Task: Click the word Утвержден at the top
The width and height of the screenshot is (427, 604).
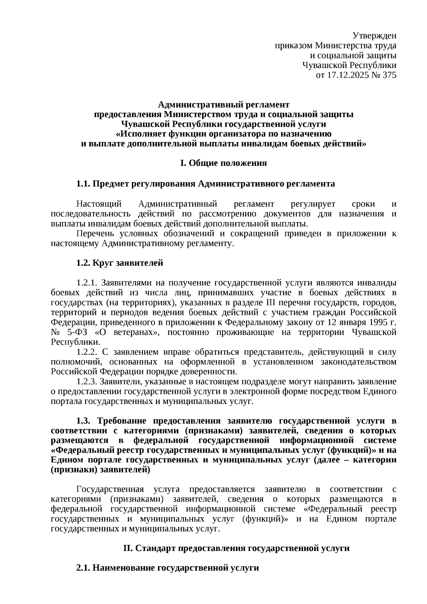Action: click(x=374, y=36)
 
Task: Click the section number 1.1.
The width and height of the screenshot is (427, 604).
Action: click(x=83, y=184)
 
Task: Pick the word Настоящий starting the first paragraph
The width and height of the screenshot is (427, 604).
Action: click(x=99, y=204)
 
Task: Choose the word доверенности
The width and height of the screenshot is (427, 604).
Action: click(x=212, y=372)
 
